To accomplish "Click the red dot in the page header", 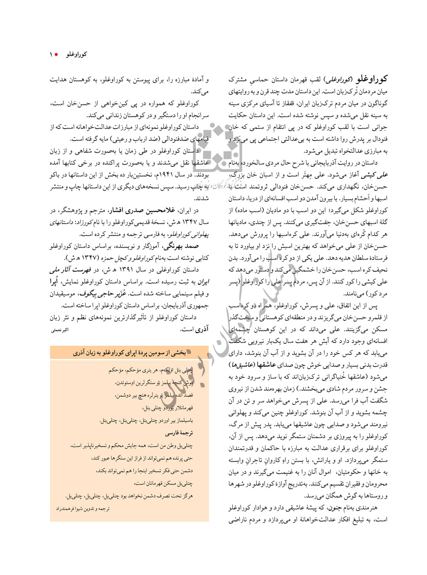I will click(57, 54).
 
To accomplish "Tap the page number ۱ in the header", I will click(51, 54).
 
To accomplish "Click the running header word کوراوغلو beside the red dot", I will click(76, 54).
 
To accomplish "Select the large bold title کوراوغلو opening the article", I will click(372, 79).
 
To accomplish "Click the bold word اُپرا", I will click(54, 282).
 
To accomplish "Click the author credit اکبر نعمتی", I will click(60, 330).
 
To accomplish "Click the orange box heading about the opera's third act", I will click(129, 352).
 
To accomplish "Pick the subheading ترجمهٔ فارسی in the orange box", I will click(179, 433).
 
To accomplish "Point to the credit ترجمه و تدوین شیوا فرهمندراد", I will click(83, 509).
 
